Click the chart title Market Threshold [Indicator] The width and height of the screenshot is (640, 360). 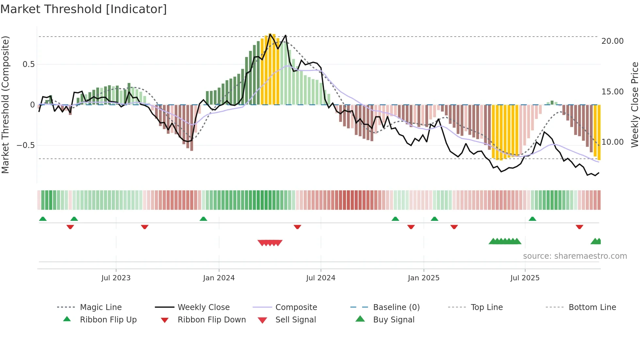point(84,9)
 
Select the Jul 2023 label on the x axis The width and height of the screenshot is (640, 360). point(116,278)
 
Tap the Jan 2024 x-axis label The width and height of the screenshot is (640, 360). point(219,278)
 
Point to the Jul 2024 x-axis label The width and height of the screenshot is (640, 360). point(321,278)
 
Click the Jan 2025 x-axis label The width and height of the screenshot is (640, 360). point(424,278)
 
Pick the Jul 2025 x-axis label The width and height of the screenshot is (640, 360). point(525,278)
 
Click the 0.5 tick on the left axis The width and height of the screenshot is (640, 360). point(28,64)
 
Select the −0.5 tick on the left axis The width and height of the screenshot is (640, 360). point(26,145)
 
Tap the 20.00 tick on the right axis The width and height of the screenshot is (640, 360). point(612,41)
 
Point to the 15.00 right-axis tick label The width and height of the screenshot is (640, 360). point(612,92)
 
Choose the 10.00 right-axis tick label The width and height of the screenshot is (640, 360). point(612,142)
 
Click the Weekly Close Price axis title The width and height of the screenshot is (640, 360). point(634,105)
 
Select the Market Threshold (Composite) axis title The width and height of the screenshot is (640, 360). point(5,105)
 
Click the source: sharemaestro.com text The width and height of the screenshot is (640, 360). point(575,256)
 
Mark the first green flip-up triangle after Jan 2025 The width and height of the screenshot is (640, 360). point(434,219)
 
